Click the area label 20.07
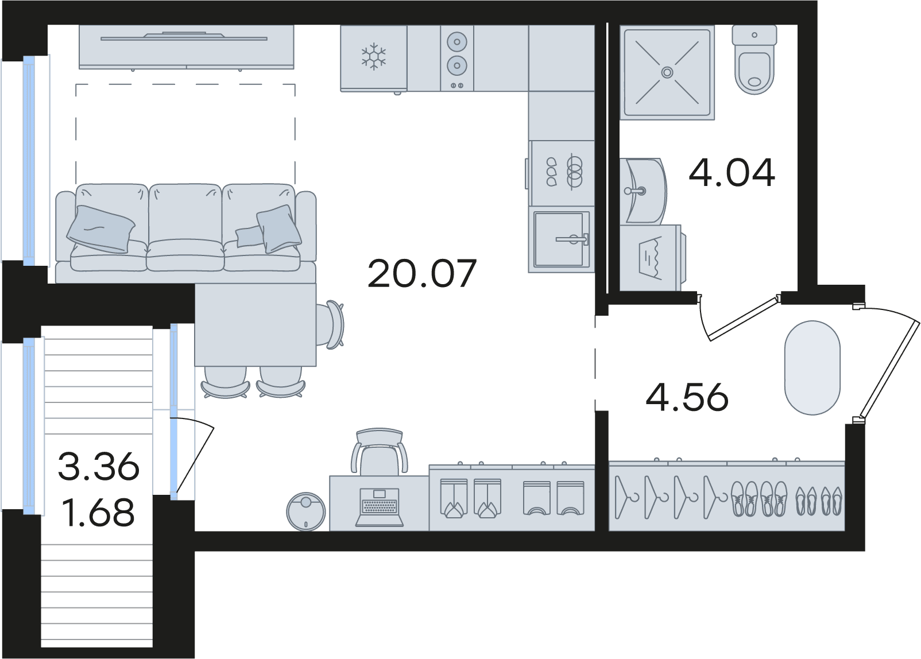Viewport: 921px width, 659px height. click(422, 273)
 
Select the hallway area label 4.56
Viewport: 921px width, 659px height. click(687, 397)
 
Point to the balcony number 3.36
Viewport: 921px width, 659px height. click(99, 466)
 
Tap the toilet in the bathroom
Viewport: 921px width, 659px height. click(754, 60)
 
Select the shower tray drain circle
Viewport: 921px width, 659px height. click(667, 72)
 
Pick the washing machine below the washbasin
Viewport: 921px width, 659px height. click(652, 257)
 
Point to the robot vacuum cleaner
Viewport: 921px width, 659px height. click(306, 511)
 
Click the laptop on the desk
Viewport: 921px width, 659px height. click(380, 507)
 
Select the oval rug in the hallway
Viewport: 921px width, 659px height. click(812, 367)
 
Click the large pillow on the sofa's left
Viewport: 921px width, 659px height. click(100, 228)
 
